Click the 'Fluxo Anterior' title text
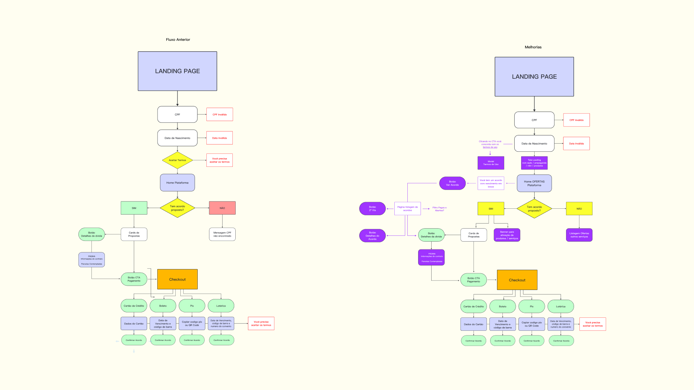coord(178,40)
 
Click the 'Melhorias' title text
coord(533,47)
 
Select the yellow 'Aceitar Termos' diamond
coord(177,160)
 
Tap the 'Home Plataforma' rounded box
coord(177,183)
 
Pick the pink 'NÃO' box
coord(222,208)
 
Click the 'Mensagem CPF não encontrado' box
coord(222,234)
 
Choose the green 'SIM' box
coord(134,208)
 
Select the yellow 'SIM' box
coord(491,209)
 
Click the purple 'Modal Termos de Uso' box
coord(491,163)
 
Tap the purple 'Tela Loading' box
coord(534,163)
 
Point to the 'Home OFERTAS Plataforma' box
coord(534,183)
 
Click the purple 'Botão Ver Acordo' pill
coord(453,183)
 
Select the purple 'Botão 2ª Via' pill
coord(372,209)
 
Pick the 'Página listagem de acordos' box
coord(407,209)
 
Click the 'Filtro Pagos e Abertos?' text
coord(440,209)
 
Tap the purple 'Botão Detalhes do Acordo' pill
coord(372,236)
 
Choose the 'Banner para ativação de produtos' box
coord(507,235)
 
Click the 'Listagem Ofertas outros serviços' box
coord(579,235)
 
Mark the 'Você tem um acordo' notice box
coord(491,183)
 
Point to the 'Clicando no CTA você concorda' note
coord(490,144)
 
